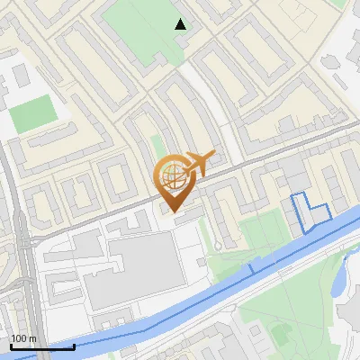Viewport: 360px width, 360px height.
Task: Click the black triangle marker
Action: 181,24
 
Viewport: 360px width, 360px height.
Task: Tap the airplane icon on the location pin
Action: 196,164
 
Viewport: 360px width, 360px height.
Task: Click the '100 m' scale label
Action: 23,338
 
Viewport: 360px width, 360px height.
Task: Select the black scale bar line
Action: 42,346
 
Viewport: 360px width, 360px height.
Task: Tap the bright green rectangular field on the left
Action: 32,114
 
